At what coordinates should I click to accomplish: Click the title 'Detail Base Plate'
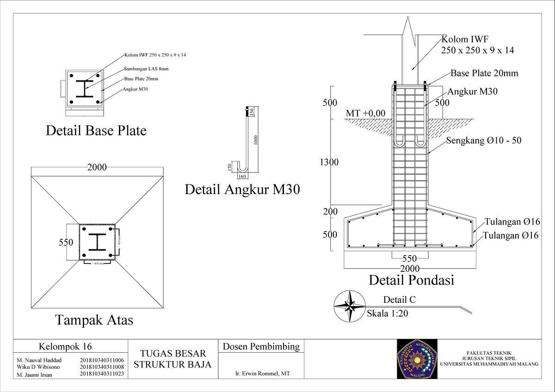coord(96,131)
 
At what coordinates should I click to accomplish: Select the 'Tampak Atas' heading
coord(94,319)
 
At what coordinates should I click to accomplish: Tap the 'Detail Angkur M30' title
coord(242,189)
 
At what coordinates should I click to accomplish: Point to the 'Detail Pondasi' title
coord(411,280)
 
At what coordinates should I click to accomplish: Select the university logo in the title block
coord(417,359)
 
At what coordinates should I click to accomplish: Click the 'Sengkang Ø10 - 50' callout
coord(483,141)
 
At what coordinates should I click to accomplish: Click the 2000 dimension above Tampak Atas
coord(97,167)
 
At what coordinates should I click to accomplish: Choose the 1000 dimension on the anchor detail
coord(255,140)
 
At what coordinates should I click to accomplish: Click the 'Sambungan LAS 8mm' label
coord(146,69)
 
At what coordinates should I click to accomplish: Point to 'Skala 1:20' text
coord(387,313)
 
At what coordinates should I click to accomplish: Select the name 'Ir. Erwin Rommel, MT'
coord(262,374)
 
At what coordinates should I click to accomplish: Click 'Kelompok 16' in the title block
coord(65,346)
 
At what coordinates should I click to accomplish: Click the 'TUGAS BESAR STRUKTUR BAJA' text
coord(173,359)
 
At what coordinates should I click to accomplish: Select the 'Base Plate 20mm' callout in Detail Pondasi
coord(484,73)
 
